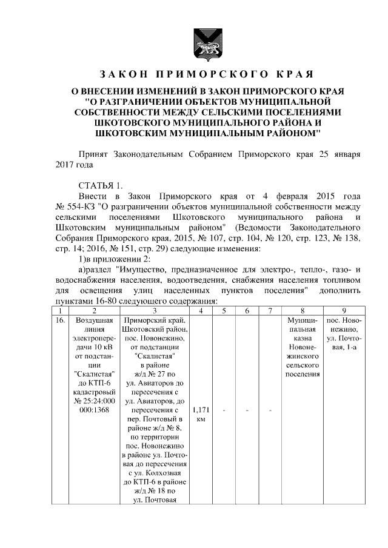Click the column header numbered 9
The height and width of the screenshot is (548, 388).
(344, 310)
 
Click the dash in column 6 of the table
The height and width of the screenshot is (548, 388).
(247, 411)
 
